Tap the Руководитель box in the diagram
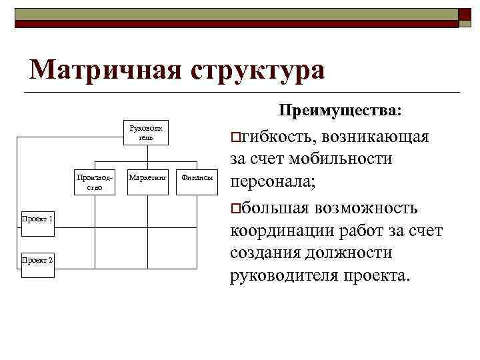[x=145, y=132]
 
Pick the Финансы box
[x=197, y=179]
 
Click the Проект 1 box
[x=37, y=218]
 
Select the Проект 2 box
[x=37, y=259]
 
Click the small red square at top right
[x=464, y=15]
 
